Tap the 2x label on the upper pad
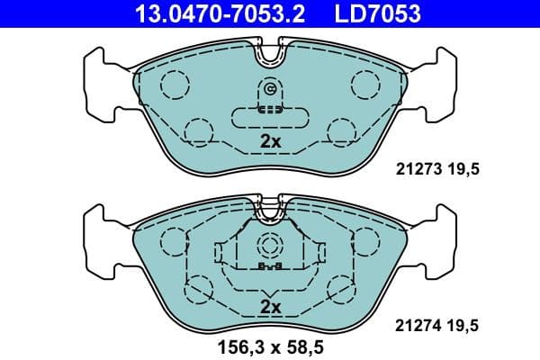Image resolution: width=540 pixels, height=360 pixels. (270, 141)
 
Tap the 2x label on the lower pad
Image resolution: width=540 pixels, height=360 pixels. (270, 307)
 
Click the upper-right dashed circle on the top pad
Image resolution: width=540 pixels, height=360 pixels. (366, 84)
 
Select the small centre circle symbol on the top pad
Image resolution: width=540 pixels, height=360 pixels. (270, 88)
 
